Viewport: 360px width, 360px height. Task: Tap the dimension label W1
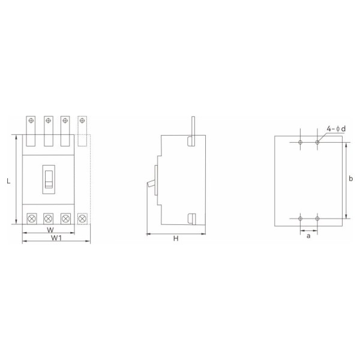[x=56, y=238]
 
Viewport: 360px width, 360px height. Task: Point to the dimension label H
[x=176, y=239]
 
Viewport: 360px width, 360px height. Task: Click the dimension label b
[x=351, y=179]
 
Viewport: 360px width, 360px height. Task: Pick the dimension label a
[x=308, y=236]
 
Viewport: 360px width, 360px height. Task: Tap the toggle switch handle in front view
[x=49, y=178]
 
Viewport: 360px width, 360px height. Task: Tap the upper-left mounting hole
[x=300, y=142]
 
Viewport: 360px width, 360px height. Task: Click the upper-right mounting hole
[x=317, y=142]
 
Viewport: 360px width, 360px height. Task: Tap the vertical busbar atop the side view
[x=192, y=126]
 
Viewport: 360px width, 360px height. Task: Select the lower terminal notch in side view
[x=191, y=218]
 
